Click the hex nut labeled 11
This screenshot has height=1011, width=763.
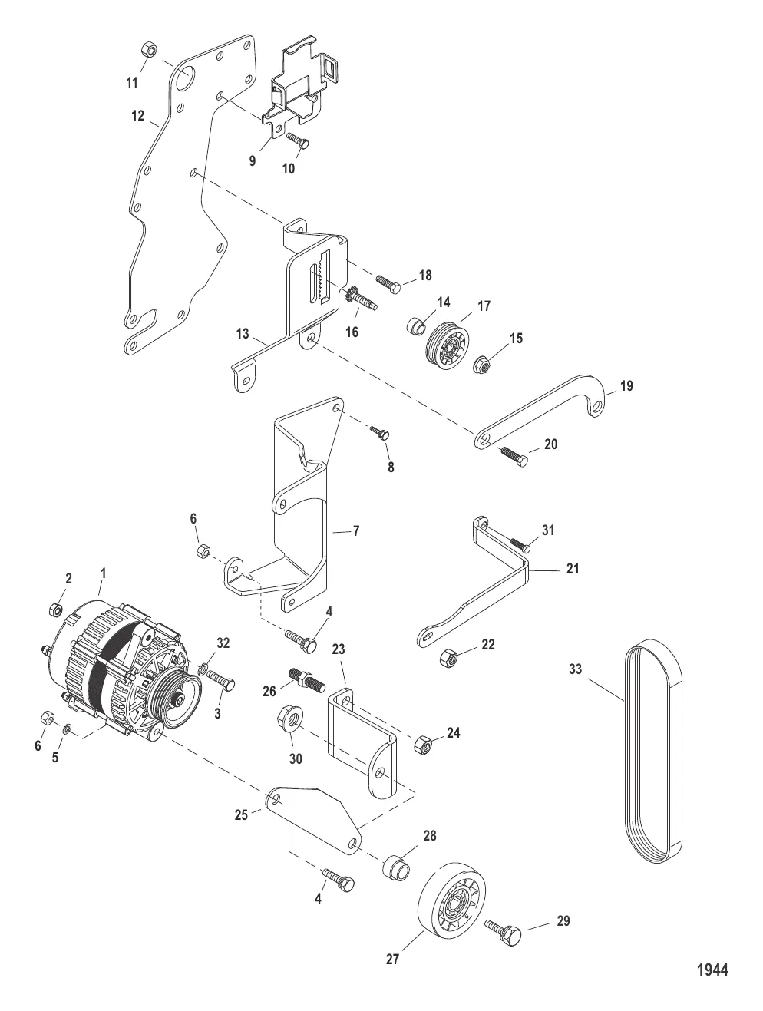click(150, 51)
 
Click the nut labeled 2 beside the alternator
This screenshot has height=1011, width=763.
click(55, 610)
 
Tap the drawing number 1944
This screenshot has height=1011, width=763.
click(712, 970)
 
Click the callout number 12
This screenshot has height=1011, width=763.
click(137, 116)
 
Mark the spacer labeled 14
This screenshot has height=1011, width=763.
click(415, 326)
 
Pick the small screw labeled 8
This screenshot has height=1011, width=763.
click(381, 433)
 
